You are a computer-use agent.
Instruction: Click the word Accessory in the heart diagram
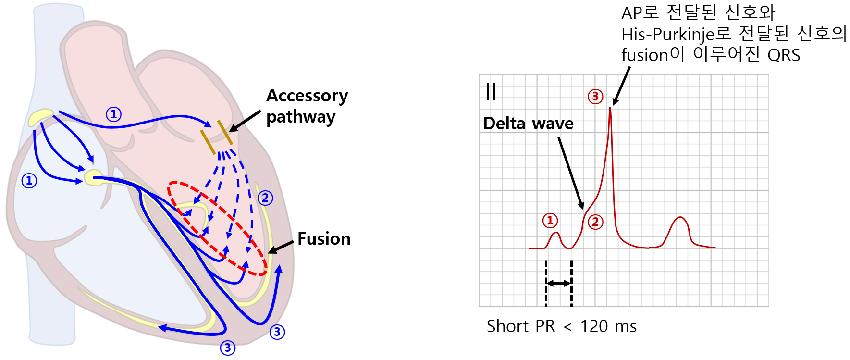point(307,96)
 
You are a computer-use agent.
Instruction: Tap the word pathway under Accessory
point(301,117)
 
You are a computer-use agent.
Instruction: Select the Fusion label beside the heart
point(324,239)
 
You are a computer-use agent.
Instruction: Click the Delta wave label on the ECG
point(528,124)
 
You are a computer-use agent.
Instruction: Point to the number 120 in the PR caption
point(594,326)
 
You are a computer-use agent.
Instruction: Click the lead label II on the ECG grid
point(491,91)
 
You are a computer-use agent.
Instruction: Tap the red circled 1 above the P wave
point(550,221)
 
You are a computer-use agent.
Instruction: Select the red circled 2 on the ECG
point(595,222)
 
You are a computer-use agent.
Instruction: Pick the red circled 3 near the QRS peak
point(595,97)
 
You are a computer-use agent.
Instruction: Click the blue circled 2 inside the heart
point(265,198)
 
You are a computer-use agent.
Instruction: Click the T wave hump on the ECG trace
point(679,220)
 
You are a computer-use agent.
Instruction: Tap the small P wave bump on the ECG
point(556,234)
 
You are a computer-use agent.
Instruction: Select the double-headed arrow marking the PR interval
point(559,283)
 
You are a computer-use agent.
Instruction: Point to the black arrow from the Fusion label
point(281,247)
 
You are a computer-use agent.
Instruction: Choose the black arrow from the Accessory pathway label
point(245,121)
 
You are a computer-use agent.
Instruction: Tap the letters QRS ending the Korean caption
point(784,55)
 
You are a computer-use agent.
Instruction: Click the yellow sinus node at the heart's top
point(40,117)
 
